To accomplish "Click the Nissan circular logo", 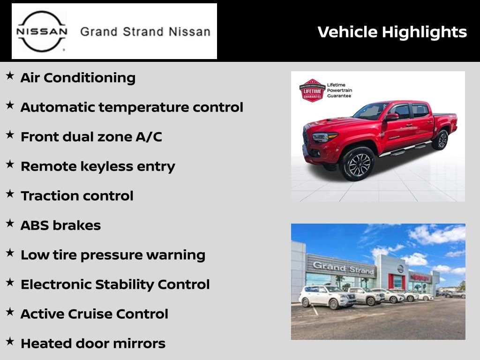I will click(x=42, y=31).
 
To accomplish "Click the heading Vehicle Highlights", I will click(x=392, y=32).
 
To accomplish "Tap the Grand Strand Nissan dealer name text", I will click(x=145, y=32).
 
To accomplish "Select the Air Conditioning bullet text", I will click(x=78, y=78).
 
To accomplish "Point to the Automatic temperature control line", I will click(x=132, y=107).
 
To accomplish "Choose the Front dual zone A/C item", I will click(x=91, y=137).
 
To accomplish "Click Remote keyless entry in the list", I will click(x=98, y=166).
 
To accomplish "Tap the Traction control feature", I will click(x=77, y=196).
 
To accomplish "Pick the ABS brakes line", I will click(x=60, y=225).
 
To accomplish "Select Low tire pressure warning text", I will click(x=113, y=255).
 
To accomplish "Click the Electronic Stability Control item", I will click(x=115, y=285).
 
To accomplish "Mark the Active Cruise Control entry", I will click(x=94, y=314).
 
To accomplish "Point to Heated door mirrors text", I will click(x=93, y=344).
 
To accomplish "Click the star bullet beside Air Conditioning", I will click(x=9, y=76).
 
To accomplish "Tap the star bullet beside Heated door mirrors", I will click(x=9, y=342).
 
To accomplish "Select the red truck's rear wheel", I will click(x=441, y=140).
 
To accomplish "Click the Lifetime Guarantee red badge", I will click(x=312, y=90).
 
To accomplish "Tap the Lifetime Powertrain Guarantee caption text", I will click(x=339, y=90).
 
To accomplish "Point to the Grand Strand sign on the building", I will click(x=344, y=268).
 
